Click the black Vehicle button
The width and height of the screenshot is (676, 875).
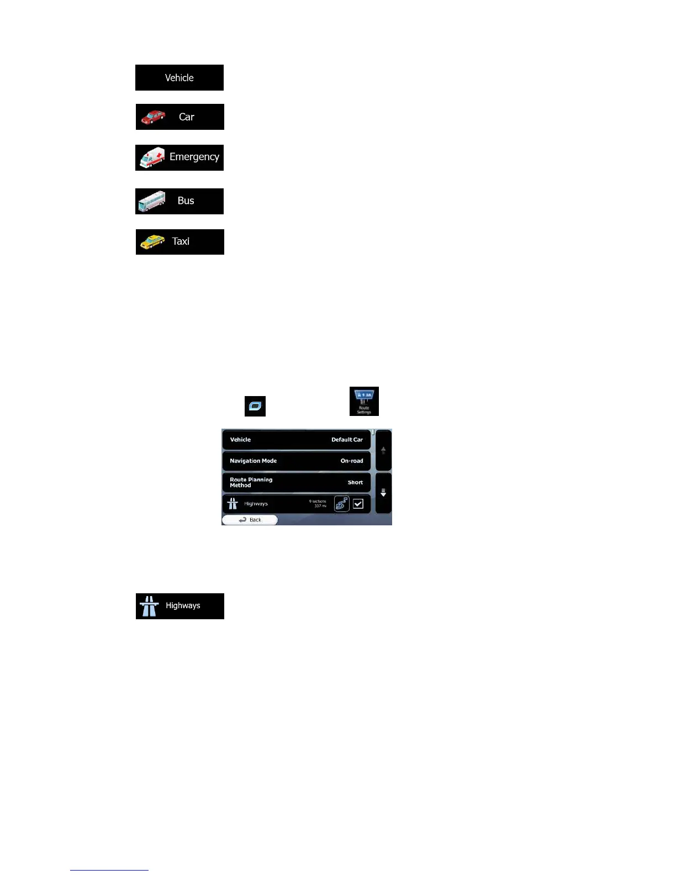point(179,78)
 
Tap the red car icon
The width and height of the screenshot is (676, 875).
point(153,117)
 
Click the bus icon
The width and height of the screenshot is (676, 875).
point(152,201)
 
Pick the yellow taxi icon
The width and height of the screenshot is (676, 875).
point(152,242)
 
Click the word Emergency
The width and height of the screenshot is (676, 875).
point(194,157)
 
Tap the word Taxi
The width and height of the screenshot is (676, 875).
point(181,241)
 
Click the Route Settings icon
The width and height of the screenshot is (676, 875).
point(364,401)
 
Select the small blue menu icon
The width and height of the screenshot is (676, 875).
point(255,406)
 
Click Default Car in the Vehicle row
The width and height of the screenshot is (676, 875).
point(347,440)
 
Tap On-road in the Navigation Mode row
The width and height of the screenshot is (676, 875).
point(352,461)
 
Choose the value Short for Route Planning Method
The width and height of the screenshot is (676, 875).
point(355,482)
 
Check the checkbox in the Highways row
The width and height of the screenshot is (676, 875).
point(358,504)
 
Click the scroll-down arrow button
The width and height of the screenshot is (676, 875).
point(383,493)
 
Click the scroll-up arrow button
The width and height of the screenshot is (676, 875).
point(383,450)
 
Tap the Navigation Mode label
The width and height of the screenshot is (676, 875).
point(254,461)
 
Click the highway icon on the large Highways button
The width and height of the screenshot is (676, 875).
point(149,606)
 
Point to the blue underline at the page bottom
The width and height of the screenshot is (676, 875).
point(109,870)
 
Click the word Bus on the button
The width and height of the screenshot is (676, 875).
point(186,201)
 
